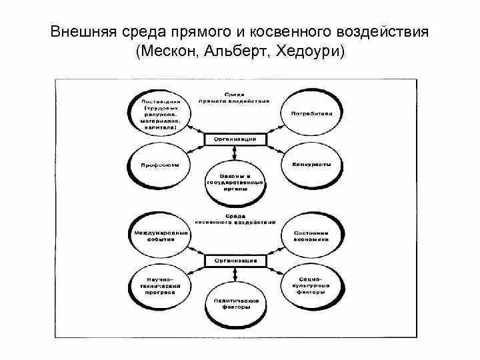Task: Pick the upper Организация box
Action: coord(235,139)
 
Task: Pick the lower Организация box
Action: coord(235,259)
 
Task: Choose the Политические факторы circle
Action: coord(235,304)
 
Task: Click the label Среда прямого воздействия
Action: coord(237,99)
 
